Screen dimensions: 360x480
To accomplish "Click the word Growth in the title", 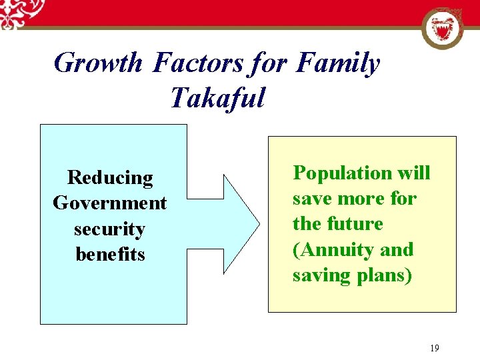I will (97, 63).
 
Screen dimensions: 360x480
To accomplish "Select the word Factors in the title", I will (199, 63).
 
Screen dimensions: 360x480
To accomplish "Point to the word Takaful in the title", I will (217, 97).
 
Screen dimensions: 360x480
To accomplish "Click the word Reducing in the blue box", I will (110, 178).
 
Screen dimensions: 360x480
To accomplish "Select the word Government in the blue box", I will (110, 203).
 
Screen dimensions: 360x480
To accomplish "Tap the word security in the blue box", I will (110, 229).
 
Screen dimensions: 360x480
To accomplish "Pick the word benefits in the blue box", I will (110, 255).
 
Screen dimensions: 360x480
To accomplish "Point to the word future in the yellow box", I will (359, 224).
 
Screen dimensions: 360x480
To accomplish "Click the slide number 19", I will (435, 347).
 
